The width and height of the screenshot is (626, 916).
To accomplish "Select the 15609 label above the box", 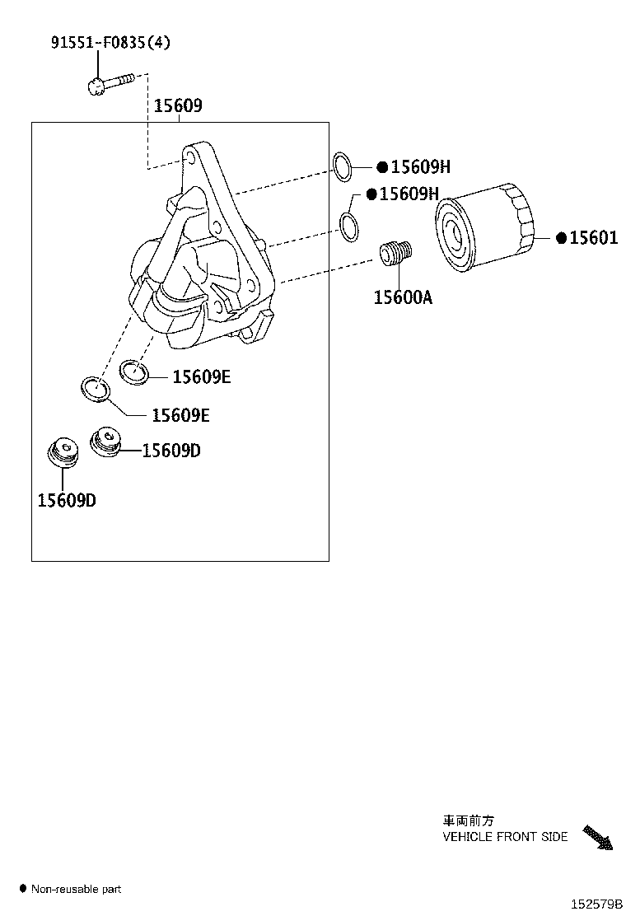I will pyautogui.click(x=177, y=106).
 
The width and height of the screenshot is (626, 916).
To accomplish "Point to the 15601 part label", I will pyautogui.click(x=593, y=238).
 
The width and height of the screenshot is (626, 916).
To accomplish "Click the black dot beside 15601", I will pyautogui.click(x=562, y=238).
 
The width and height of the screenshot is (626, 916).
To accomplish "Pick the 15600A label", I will pyautogui.click(x=403, y=297).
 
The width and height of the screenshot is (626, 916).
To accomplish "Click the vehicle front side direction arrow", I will pyautogui.click(x=598, y=838).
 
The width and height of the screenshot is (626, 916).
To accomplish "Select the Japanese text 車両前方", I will pyautogui.click(x=468, y=820).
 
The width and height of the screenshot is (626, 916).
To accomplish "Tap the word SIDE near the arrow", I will pyautogui.click(x=555, y=837).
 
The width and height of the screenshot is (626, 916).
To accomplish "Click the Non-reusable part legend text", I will pyautogui.click(x=76, y=889).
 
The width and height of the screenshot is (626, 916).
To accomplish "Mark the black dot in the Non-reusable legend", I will pyautogui.click(x=22, y=888).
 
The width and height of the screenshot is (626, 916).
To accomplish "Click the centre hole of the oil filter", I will pyautogui.click(x=451, y=232).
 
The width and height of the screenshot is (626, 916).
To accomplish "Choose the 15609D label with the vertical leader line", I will pyautogui.click(x=67, y=500).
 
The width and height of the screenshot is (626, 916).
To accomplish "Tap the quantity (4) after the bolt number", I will pyautogui.click(x=160, y=42).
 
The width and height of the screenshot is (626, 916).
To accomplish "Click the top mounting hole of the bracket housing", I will pyautogui.click(x=192, y=154).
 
